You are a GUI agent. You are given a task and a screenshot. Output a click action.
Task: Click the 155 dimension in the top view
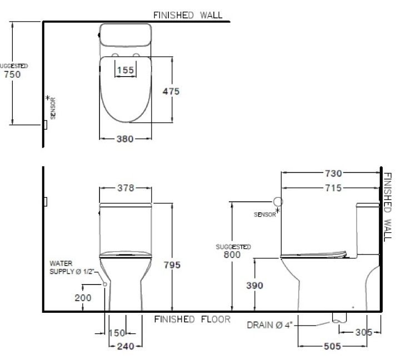126,70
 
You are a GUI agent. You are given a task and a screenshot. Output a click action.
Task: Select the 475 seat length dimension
171,91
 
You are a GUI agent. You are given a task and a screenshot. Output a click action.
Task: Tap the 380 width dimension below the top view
125,139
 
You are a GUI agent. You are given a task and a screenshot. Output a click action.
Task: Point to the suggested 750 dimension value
12,74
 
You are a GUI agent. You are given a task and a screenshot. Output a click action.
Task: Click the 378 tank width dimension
126,188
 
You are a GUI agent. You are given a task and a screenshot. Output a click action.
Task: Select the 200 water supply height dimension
83,298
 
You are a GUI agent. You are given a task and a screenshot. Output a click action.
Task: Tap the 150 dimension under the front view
117,333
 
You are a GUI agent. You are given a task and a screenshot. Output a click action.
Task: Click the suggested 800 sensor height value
232,255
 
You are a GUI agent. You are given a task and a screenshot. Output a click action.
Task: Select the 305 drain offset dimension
364,332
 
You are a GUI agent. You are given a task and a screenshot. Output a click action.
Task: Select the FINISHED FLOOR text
192,319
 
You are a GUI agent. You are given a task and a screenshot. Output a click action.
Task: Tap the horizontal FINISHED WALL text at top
188,15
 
